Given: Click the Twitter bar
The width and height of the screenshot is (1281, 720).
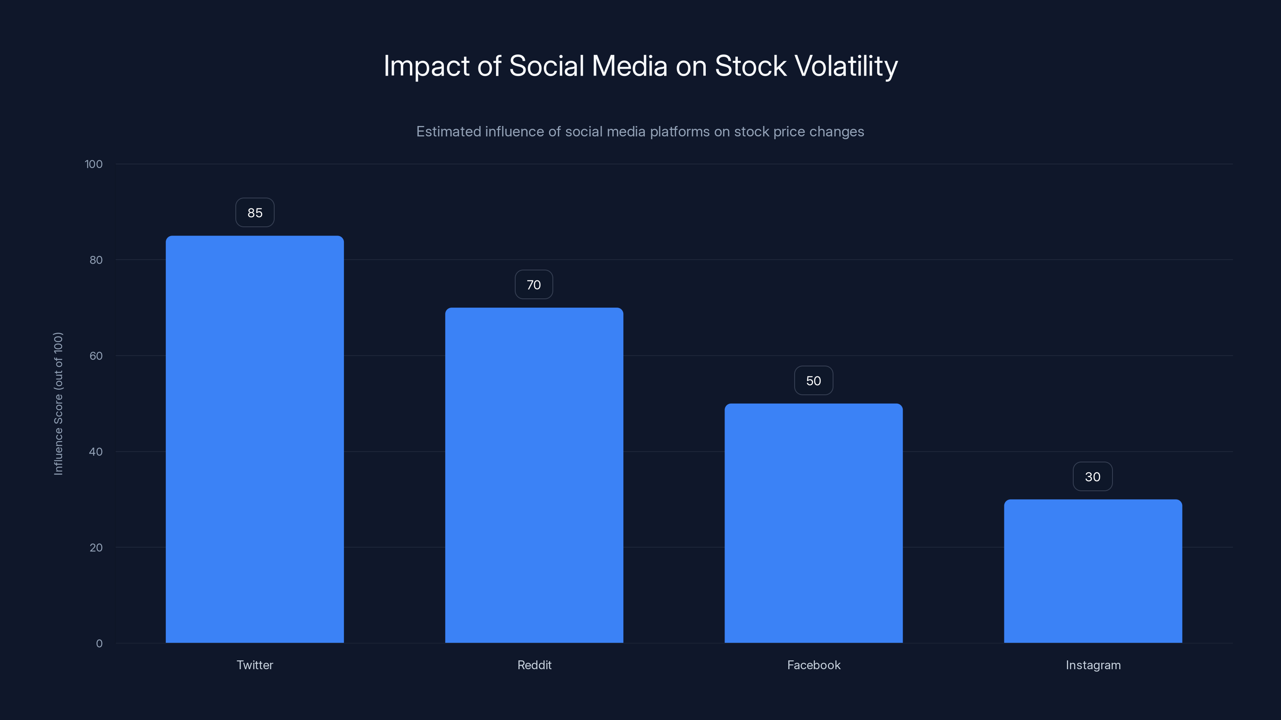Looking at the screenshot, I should pos(255,439).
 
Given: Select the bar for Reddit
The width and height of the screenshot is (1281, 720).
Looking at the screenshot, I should pos(534,475).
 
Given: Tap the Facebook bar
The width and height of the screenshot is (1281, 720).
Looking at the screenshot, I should pos(813,523).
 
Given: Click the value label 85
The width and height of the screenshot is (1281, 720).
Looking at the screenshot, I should pos(255,213).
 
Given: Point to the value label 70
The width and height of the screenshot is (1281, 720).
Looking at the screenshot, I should pos(534,285).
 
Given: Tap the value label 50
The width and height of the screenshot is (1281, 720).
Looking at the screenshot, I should pos(813,381).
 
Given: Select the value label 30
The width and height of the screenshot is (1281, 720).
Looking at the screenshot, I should pos(1092,476).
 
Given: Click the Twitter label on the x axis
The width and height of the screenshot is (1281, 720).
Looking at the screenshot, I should pos(255,665).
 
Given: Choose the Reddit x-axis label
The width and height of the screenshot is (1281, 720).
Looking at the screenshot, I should pos(534,665).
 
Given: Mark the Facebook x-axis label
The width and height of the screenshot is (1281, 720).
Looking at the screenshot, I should pos(813,665).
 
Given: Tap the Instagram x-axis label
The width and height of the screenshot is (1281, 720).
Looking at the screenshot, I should pos(1093,665).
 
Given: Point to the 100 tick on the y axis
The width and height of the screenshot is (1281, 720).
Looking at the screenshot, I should pos(94,164).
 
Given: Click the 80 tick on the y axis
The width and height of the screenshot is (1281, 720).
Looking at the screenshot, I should pos(96,260).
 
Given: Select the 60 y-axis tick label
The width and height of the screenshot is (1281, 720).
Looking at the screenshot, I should pos(96,356).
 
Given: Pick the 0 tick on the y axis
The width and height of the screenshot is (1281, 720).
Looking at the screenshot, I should pos(99,644).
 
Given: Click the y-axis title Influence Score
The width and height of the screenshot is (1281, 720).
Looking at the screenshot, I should pos(58,404).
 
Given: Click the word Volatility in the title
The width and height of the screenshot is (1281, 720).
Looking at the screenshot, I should pos(846,66).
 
